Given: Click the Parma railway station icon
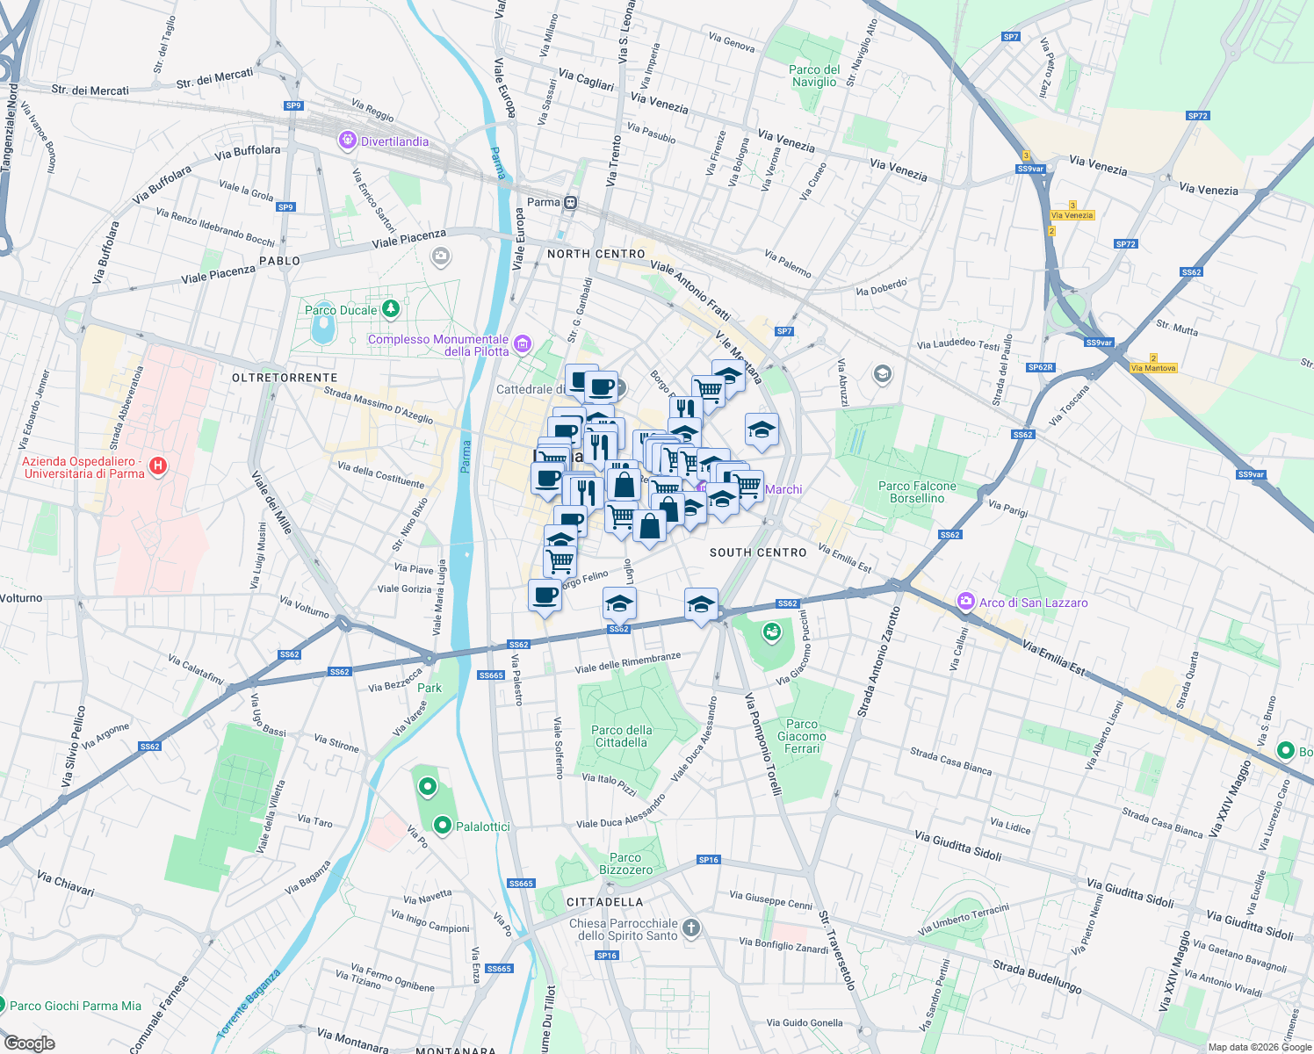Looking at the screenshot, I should click(571, 203).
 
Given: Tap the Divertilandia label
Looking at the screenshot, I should click(394, 141).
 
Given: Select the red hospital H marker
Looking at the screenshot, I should click(158, 466).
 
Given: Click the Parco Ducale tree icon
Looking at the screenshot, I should click(391, 309).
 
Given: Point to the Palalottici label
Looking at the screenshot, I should click(482, 827).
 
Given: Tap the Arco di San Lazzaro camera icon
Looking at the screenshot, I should click(966, 602).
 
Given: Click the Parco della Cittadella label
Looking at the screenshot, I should click(622, 736).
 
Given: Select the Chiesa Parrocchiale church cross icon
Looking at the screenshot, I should click(691, 928).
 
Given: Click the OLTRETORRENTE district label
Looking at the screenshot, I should click(285, 378).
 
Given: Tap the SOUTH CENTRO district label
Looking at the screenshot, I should click(758, 552).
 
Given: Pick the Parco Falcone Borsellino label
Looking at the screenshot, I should click(917, 492).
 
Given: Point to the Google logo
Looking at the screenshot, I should click(29, 1043).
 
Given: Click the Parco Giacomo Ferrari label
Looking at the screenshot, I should click(802, 736).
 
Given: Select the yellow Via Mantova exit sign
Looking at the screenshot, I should click(1153, 368).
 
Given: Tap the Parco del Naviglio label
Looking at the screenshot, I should click(814, 76).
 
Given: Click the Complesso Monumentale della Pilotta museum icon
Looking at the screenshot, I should click(523, 343).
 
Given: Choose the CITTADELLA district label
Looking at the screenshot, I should click(604, 902).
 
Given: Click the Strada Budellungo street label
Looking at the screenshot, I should click(1037, 977).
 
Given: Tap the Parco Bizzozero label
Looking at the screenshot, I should click(626, 863).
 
